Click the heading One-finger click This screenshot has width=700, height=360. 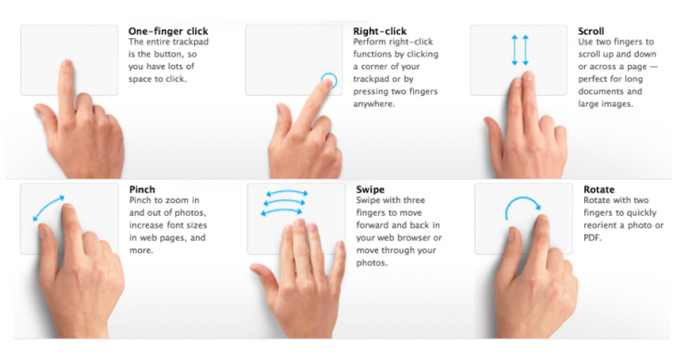[169, 31]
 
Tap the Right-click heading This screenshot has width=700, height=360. [380, 31]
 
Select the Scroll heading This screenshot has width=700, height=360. [591, 31]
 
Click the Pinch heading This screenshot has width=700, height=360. [142, 190]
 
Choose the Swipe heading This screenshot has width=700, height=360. [371, 190]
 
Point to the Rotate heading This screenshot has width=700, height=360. [599, 190]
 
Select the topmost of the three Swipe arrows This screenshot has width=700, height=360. [286, 192]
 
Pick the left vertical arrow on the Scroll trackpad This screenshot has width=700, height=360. [515, 50]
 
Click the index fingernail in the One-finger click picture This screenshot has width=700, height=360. [67, 63]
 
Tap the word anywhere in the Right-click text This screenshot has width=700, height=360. [374, 105]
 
